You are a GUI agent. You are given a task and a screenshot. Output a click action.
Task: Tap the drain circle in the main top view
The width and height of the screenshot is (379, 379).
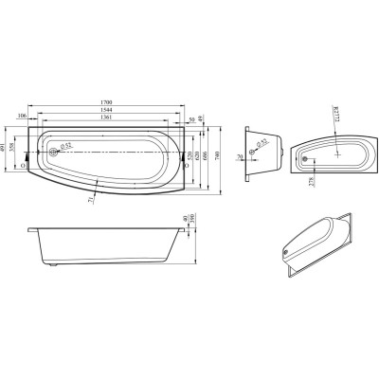click(x=53, y=148)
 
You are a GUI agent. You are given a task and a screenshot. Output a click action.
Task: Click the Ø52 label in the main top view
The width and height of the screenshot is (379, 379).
click(x=65, y=146)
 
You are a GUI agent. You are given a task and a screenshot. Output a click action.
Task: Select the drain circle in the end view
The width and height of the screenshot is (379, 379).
click(x=256, y=146)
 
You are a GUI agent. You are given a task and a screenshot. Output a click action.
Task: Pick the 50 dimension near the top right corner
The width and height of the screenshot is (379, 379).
click(x=192, y=118)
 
